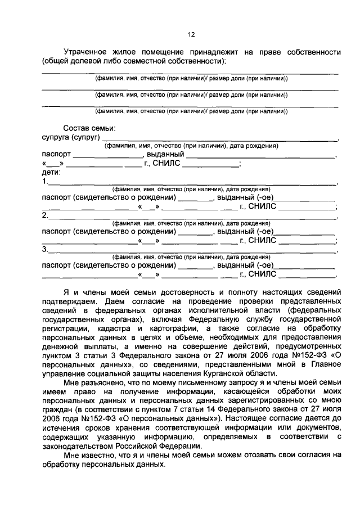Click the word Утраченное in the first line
click(89, 52)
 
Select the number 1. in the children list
click(45, 181)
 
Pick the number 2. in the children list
click(45, 215)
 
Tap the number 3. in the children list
click(45, 249)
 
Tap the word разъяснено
click(105, 382)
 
